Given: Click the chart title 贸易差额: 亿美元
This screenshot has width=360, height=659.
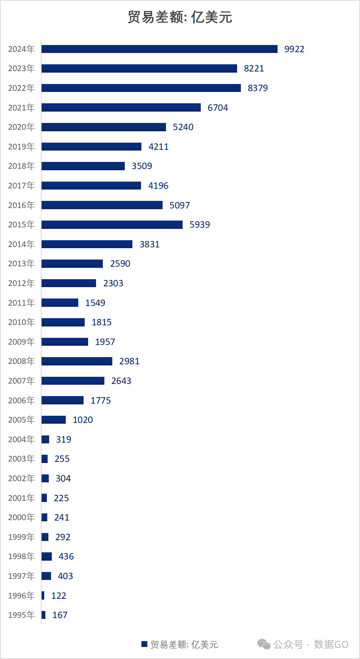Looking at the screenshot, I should pyautogui.click(x=180, y=17).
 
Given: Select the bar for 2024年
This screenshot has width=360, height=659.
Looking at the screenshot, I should pyautogui.click(x=159, y=49).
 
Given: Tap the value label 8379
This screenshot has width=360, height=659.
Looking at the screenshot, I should pyautogui.click(x=258, y=88).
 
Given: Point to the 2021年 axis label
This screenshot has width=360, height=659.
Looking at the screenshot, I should pyautogui.click(x=21, y=108).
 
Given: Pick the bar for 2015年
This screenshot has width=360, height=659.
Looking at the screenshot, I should pyautogui.click(x=112, y=225).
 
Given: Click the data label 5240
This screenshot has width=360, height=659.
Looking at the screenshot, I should pyautogui.click(x=183, y=127).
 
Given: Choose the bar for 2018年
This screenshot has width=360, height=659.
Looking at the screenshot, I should pyautogui.click(x=83, y=166).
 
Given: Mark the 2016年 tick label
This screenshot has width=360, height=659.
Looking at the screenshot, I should pyautogui.click(x=21, y=205).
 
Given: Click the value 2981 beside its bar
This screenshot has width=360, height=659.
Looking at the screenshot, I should pyautogui.click(x=129, y=361).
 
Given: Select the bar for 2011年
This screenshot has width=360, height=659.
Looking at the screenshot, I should pyautogui.click(x=60, y=303).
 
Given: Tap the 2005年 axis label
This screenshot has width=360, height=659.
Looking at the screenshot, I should pyautogui.click(x=21, y=420).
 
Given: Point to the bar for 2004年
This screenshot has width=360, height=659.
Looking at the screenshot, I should pyautogui.click(x=45, y=439).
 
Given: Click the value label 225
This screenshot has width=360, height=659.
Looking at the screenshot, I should pyautogui.click(x=61, y=498).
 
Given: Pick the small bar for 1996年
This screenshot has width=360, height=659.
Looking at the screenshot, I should pyautogui.click(x=43, y=595).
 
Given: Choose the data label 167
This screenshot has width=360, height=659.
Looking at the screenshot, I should pyautogui.click(x=60, y=615).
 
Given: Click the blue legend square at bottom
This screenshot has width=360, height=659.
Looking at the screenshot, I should pyautogui.click(x=144, y=644).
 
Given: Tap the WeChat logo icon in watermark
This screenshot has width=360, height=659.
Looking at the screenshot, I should pyautogui.click(x=264, y=644).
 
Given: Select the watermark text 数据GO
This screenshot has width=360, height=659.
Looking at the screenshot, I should pyautogui.click(x=331, y=644).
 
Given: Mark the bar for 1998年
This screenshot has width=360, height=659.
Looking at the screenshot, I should pyautogui.click(x=47, y=556).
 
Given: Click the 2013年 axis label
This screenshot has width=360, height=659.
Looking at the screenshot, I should pyautogui.click(x=21, y=264).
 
